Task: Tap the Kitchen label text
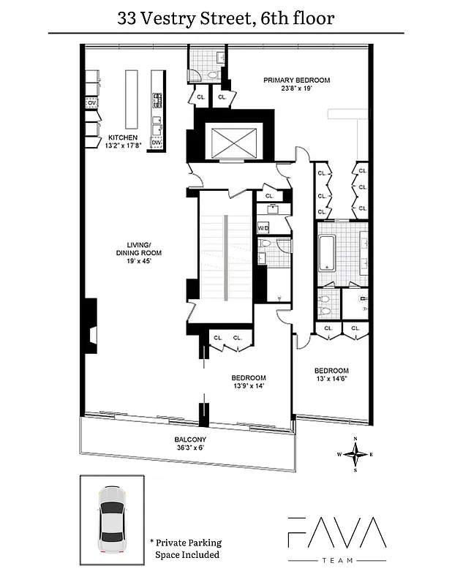pos(122,137)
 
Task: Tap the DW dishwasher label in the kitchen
pos(156,143)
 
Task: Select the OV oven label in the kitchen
pos(91,104)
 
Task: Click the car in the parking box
pos(112,520)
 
